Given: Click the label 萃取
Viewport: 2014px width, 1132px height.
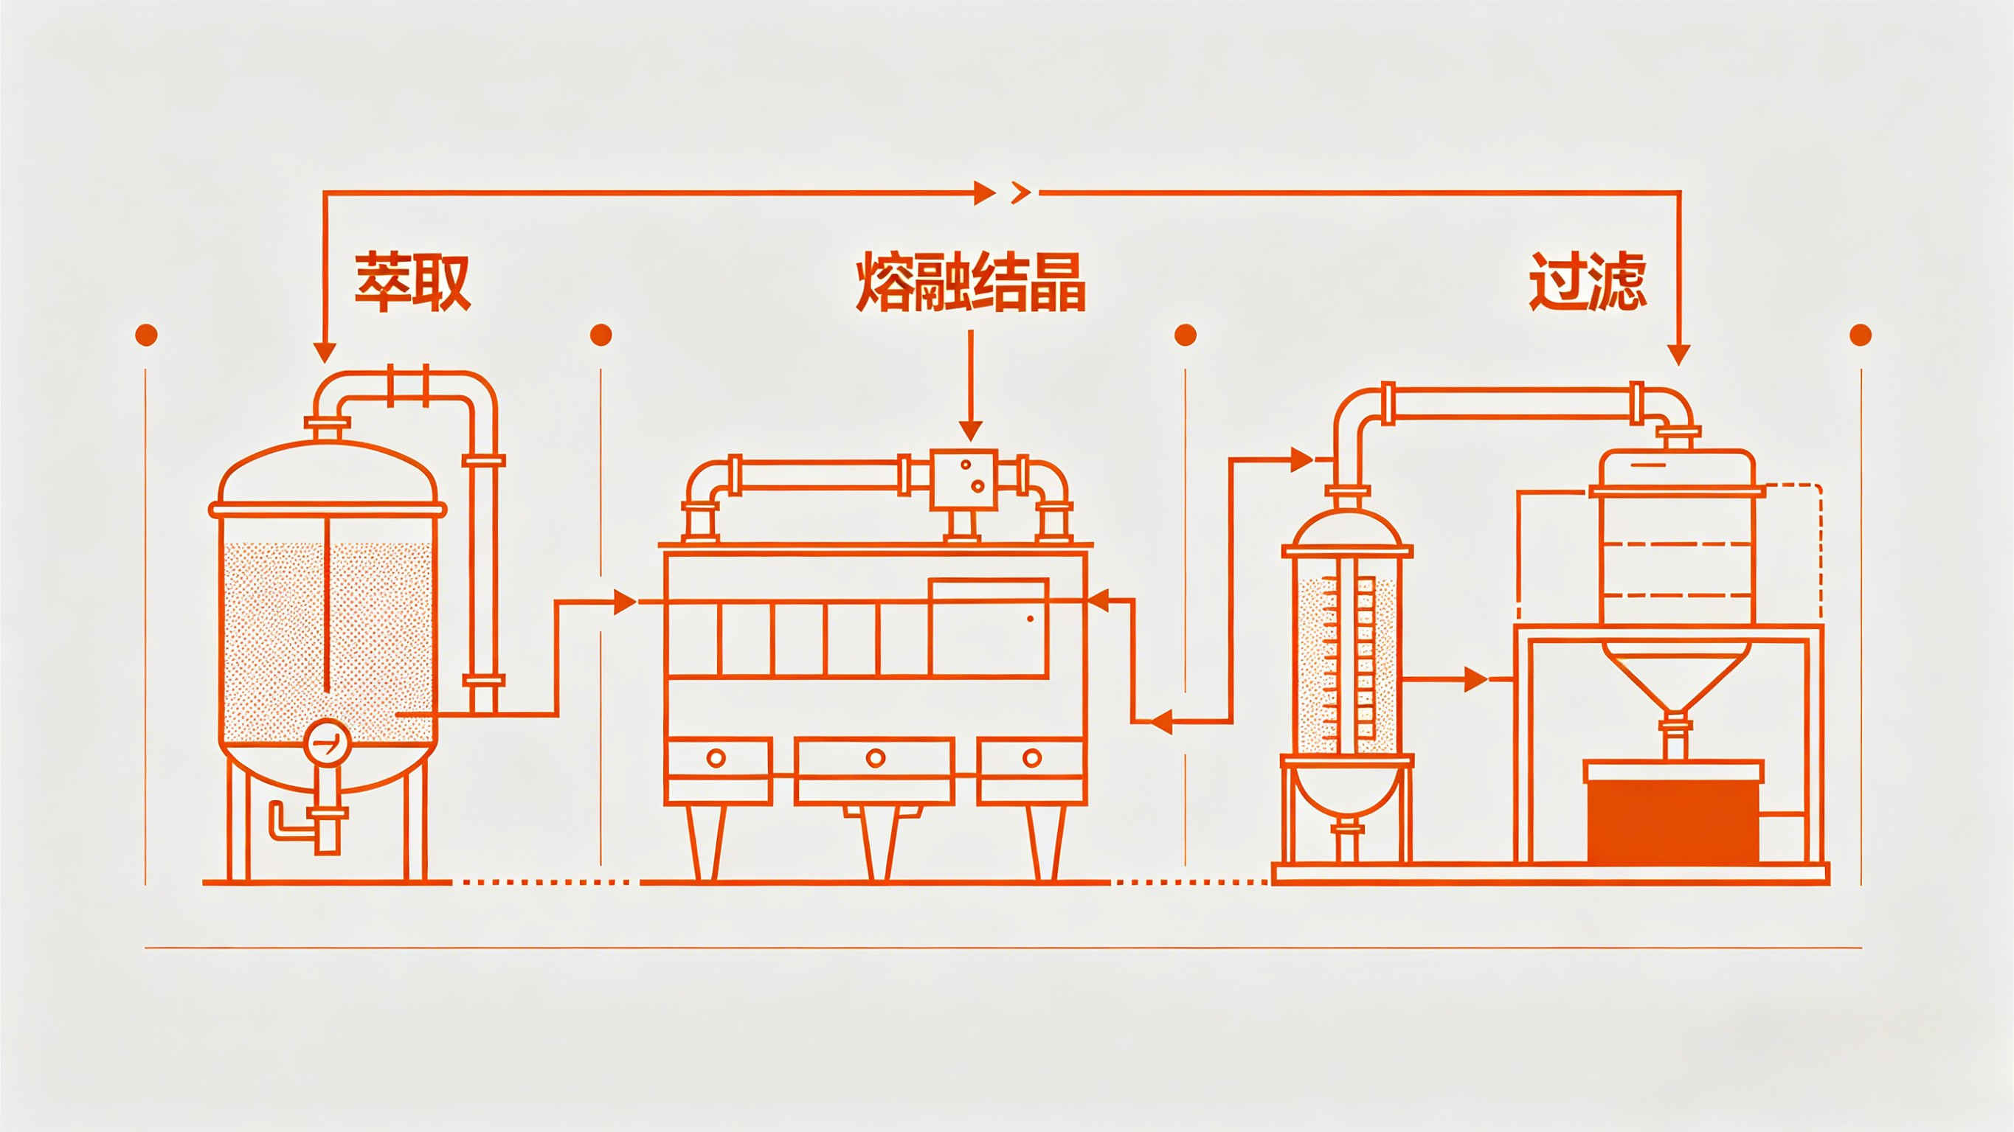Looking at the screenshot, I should [412, 282].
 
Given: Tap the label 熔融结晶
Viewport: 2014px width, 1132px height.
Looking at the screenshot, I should [970, 282].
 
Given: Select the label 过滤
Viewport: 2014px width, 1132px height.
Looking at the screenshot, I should [1588, 282].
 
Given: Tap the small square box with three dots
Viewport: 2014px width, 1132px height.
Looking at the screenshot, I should [963, 479].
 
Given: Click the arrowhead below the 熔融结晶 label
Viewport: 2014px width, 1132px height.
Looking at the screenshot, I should [970, 430].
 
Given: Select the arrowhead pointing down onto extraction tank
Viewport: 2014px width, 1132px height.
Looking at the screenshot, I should [325, 353].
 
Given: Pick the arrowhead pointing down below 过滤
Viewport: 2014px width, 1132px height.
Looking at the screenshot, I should [1678, 355].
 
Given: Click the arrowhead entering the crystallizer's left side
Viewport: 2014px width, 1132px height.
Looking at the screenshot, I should [624, 602].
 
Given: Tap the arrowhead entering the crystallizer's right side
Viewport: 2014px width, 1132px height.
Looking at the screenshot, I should [1099, 600].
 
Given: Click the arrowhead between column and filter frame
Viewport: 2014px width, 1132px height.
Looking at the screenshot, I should [1475, 679].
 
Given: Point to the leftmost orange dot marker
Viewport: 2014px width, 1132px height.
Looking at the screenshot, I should [146, 336].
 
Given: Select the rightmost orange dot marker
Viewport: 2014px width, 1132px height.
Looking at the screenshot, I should [1861, 336].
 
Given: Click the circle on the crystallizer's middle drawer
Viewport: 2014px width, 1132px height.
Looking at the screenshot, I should [876, 757].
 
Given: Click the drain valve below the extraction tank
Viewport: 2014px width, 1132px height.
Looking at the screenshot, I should [326, 821].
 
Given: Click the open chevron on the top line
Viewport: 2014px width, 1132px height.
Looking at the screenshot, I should [1020, 192].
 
